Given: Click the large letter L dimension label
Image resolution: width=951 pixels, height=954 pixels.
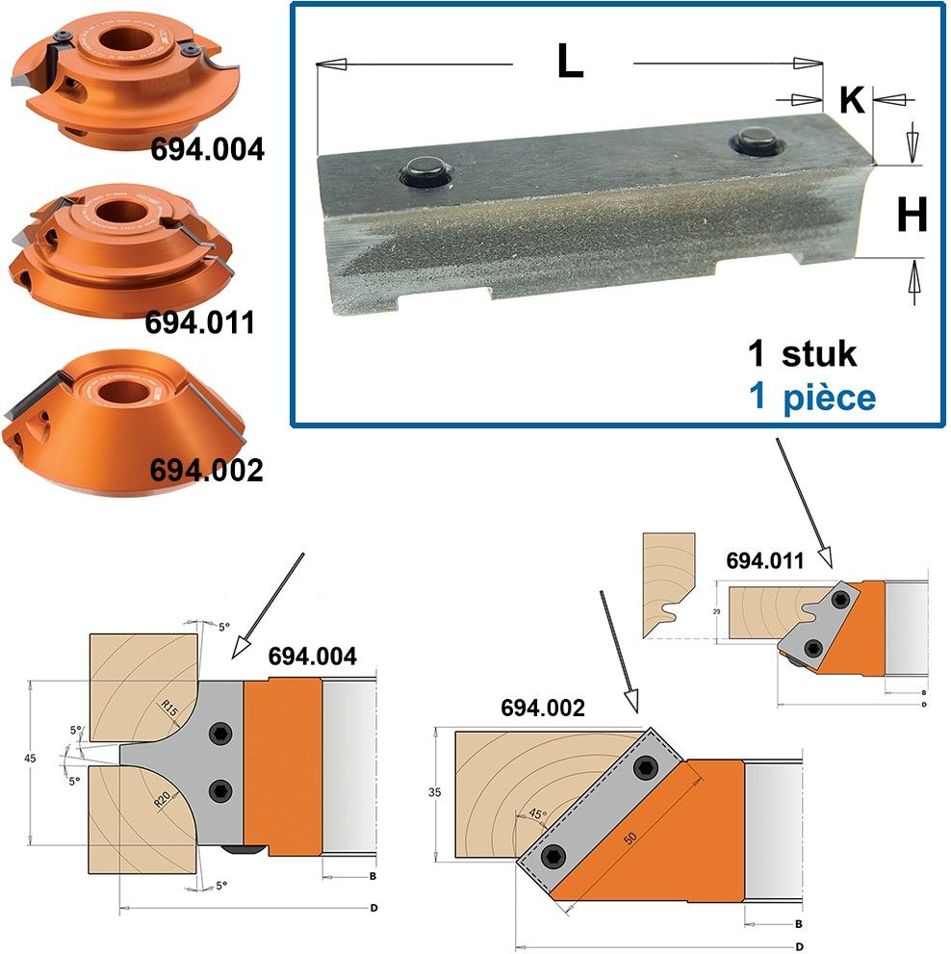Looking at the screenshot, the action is point(570,62).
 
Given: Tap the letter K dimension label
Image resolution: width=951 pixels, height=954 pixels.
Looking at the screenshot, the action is point(852,99).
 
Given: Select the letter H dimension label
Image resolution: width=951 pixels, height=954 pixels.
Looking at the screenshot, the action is point(912,215).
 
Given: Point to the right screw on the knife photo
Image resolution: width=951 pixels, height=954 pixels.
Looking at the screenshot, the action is point(757,142).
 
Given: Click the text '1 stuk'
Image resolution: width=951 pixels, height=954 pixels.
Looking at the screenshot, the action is point(802,353).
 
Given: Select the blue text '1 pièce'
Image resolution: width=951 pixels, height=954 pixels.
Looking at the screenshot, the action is point(811,397).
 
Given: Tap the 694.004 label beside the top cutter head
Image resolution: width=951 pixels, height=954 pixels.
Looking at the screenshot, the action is point(208,149).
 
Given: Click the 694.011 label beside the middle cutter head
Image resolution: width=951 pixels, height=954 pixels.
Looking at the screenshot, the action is point(199,322).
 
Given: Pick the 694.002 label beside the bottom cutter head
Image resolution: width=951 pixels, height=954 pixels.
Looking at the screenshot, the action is point(206,471).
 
